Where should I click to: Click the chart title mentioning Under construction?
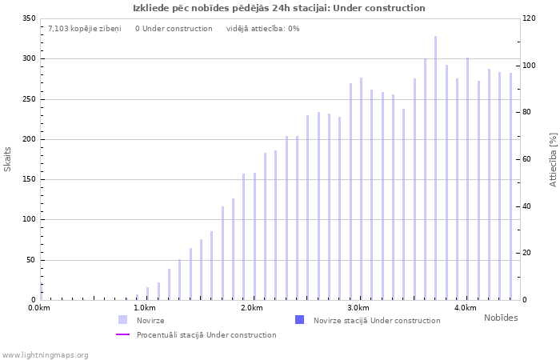click(x=279, y=8)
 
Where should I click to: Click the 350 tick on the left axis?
click(x=29, y=18)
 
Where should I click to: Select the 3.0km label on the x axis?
click(x=358, y=308)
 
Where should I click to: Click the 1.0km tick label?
click(x=145, y=308)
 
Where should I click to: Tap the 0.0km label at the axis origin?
click(x=38, y=308)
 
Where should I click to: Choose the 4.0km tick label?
click(x=465, y=308)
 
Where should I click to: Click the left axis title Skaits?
click(x=8, y=158)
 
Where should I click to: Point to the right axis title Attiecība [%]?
click(x=553, y=160)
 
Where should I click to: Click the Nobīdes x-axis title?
click(x=501, y=318)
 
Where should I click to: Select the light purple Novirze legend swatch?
click(x=123, y=320)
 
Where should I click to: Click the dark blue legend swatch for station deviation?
click(x=300, y=320)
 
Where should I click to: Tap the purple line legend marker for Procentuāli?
click(x=123, y=334)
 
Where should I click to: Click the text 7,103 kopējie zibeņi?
click(x=85, y=29)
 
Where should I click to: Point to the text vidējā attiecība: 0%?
click(x=263, y=29)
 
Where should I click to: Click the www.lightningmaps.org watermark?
click(x=45, y=354)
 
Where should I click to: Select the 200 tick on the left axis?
click(x=29, y=139)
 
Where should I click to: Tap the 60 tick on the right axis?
click(x=528, y=159)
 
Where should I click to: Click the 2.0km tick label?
click(x=252, y=308)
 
